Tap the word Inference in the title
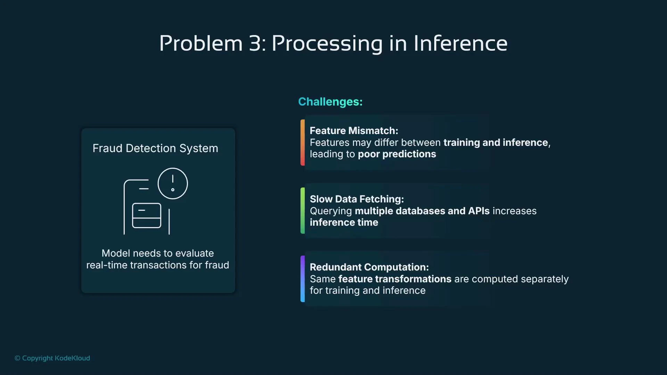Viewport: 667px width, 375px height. (460, 44)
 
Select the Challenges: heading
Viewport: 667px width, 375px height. (330, 102)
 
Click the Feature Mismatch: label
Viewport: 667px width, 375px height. (354, 131)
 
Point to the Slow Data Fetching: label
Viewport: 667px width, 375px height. (356, 199)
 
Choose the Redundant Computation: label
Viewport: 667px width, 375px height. (369, 267)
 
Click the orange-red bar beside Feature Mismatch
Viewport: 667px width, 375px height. (303, 142)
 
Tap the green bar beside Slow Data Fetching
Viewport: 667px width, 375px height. (303, 210)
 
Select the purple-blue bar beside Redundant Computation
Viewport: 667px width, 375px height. (303, 279)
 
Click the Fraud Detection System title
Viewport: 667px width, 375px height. (155, 148)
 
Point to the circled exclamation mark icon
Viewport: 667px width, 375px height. (173, 183)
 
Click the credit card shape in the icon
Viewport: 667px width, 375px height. (147, 215)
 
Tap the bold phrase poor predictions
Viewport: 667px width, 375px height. (397, 154)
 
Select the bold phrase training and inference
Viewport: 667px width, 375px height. (496, 142)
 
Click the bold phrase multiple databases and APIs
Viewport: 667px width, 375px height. (422, 211)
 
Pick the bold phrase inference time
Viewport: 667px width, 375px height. (344, 223)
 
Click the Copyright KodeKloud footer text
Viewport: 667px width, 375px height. (52, 358)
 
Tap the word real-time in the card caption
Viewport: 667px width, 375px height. (107, 265)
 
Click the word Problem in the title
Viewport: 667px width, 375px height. (201, 44)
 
